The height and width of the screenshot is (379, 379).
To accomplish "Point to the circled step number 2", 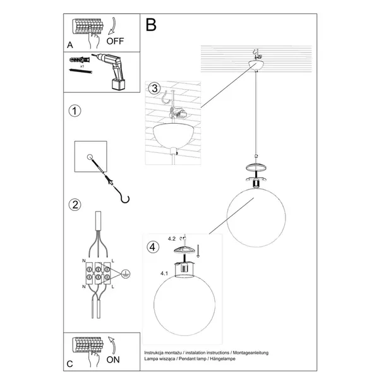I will (75, 205).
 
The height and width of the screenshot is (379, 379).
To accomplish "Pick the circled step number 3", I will (154, 89).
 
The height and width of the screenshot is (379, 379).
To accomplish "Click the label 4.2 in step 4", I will (171, 239).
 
